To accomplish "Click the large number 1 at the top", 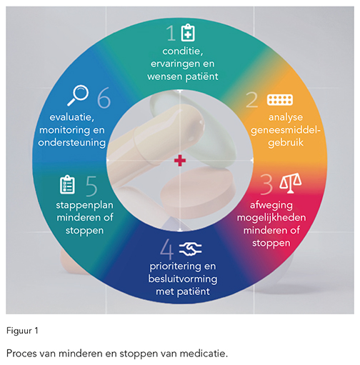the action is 171,33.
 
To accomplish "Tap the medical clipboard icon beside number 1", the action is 188,33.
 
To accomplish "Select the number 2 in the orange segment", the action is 252,100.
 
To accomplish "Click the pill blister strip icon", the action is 280,100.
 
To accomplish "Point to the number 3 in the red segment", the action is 266,184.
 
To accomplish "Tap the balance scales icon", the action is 291,183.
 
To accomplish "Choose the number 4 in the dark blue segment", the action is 166,249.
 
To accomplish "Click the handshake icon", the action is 190,249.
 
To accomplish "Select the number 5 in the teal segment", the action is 91,186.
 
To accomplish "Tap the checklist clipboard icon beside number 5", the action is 67,184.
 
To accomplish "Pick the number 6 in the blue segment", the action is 104,98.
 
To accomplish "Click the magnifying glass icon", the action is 78,95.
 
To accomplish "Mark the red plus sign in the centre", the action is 180,161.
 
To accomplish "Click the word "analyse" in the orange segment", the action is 286,117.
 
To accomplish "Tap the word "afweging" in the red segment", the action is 271,206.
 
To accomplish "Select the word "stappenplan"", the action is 84,206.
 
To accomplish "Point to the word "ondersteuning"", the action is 72,143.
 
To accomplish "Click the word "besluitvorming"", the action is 183,279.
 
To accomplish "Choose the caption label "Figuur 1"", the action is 22,331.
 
